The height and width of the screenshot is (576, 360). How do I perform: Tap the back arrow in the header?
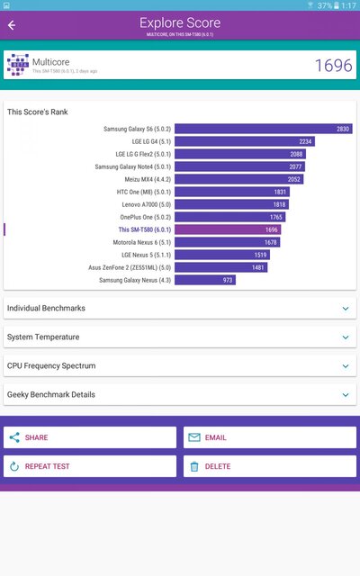tap(12, 25)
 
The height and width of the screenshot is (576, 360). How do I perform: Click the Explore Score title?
tap(179, 22)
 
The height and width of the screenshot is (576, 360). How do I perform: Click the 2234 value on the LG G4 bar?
tap(305, 141)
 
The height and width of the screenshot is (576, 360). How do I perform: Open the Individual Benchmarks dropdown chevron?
tap(345, 309)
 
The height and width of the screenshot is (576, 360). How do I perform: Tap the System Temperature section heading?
tap(43, 337)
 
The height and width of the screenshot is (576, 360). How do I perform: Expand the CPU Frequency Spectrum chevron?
tap(345, 366)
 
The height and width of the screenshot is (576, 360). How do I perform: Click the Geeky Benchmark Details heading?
tap(50, 395)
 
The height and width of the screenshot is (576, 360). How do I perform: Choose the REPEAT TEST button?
tap(90, 466)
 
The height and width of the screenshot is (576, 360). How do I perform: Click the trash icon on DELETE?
tap(193, 466)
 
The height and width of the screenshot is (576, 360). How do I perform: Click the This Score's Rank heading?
tap(37, 112)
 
